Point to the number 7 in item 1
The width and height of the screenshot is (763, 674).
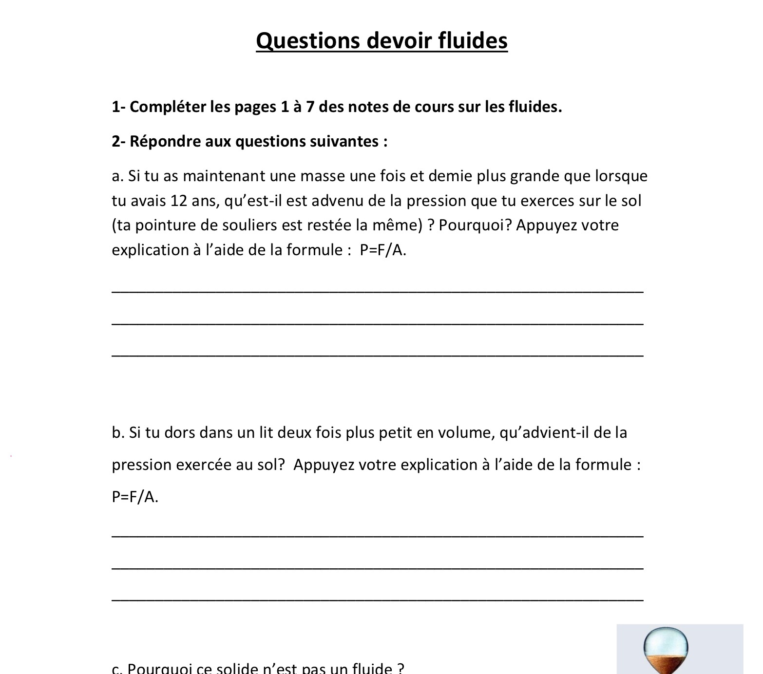pyautogui.click(x=310, y=107)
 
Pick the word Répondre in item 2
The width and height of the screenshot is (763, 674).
pyautogui.click(x=165, y=141)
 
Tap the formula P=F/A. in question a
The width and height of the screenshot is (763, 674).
pyautogui.click(x=383, y=250)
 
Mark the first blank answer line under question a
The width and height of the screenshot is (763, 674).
pyautogui.click(x=378, y=291)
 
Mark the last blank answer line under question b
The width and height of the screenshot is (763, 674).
pyautogui.click(x=378, y=600)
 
